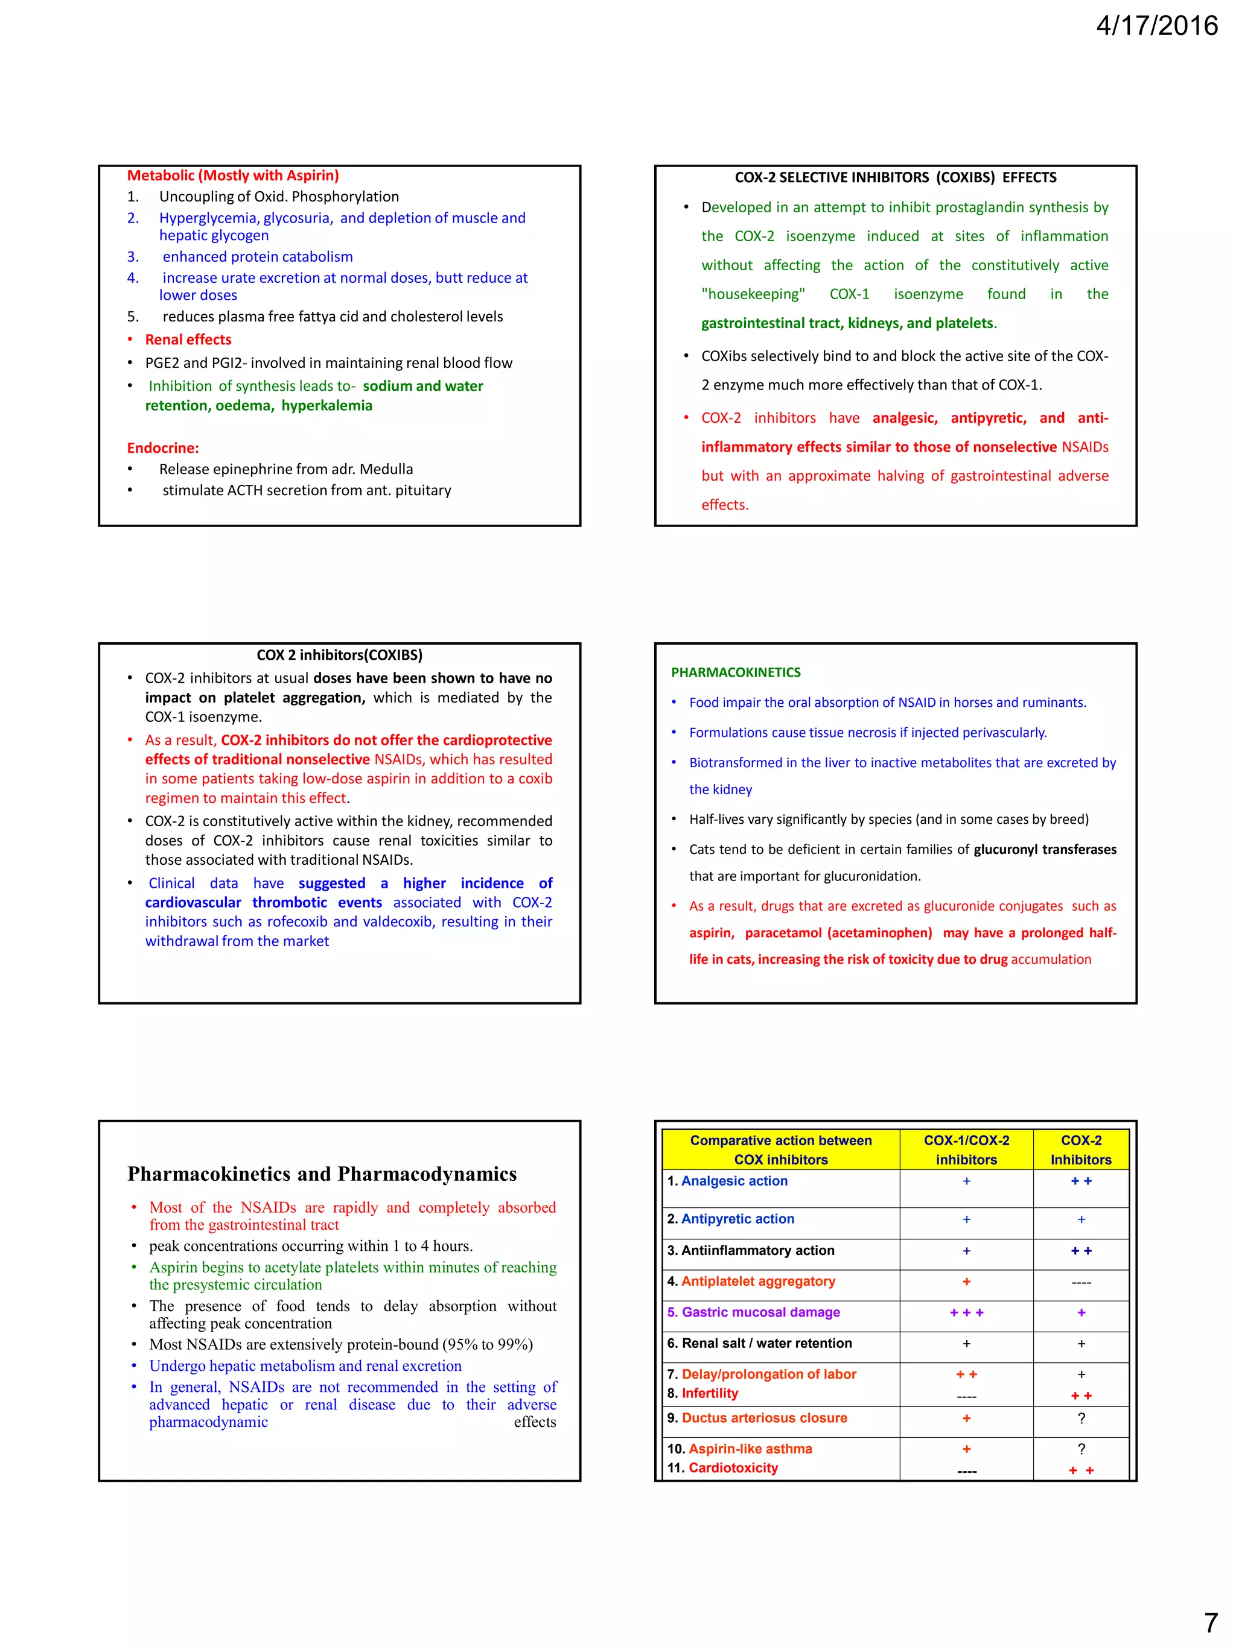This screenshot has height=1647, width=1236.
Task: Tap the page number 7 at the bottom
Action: coord(1211,1622)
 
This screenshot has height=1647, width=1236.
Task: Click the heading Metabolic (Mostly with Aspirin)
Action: coord(232,175)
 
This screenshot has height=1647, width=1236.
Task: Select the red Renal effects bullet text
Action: coord(188,340)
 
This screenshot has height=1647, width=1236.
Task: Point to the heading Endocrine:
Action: coord(162,447)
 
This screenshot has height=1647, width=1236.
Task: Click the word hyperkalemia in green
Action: coord(327,406)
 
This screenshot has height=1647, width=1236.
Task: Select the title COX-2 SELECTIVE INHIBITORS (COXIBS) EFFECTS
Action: coord(895,177)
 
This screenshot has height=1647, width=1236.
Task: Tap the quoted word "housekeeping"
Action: coord(753,294)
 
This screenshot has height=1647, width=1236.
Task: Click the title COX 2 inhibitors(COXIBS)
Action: coord(339,655)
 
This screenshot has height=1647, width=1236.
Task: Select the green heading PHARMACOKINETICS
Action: coord(735,672)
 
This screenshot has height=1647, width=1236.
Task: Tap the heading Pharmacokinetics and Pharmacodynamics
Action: coord(322,1174)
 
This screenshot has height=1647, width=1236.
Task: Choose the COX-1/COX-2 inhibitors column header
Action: coord(966,1149)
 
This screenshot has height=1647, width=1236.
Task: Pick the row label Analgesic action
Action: coord(734,1181)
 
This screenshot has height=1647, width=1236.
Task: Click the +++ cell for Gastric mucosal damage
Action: coord(966,1313)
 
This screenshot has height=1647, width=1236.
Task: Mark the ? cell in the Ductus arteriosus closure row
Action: coord(1080,1418)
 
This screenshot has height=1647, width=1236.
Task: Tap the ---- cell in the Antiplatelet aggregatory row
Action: coord(1080,1282)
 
